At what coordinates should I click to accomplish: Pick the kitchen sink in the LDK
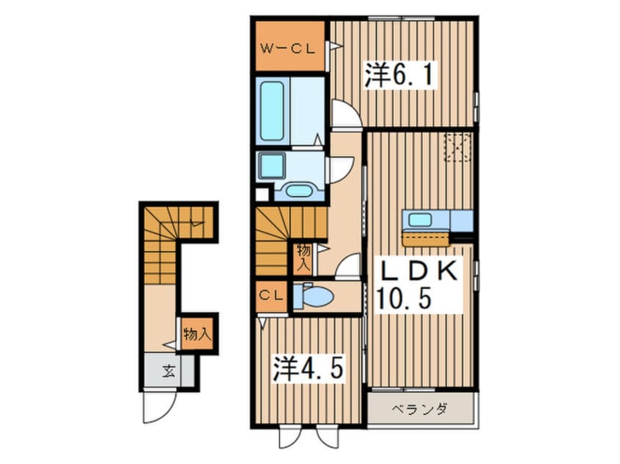click(420, 220)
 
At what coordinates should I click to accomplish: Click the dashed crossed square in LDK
click(458, 147)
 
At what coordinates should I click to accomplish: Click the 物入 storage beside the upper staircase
click(303, 256)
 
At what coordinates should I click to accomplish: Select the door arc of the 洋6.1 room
click(343, 115)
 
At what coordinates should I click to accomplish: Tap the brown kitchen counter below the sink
click(426, 239)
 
